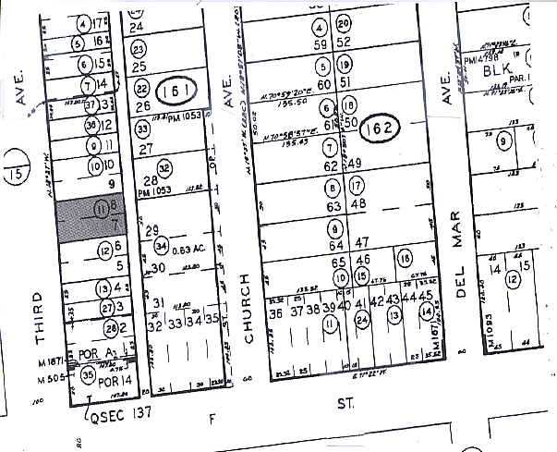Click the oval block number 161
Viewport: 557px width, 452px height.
point(174,90)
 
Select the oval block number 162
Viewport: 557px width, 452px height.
point(380,128)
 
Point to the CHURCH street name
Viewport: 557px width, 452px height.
point(247,309)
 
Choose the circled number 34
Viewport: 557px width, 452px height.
point(161,246)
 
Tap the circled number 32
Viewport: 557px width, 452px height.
point(164,168)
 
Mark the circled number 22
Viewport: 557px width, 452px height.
point(142,89)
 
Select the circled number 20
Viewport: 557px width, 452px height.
point(345,24)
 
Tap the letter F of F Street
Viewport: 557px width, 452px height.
point(214,418)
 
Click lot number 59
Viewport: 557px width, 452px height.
point(321,43)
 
